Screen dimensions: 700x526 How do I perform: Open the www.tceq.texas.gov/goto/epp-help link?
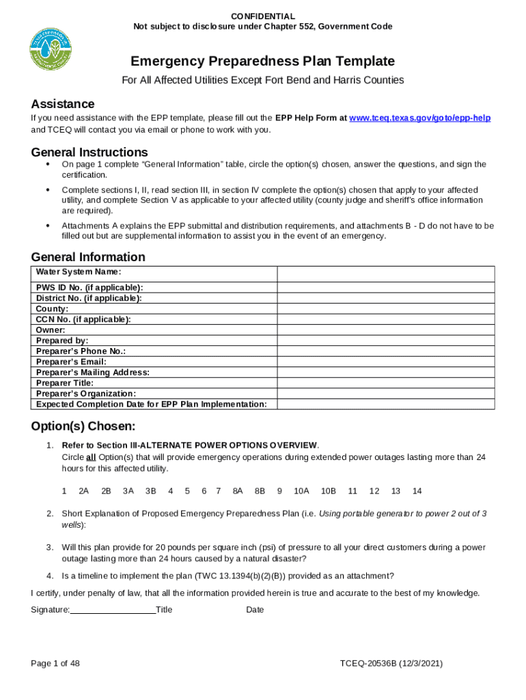pos(419,118)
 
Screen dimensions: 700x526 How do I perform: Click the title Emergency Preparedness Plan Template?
pos(263,61)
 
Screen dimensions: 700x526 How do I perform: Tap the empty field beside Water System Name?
pos(385,273)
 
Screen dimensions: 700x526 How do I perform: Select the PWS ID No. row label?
pos(89,287)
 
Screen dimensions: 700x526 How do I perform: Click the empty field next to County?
pos(385,308)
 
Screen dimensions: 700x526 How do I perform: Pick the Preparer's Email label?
pos(71,362)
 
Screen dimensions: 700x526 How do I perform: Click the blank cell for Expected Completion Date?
pos(385,404)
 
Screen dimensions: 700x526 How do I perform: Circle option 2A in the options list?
pos(84,491)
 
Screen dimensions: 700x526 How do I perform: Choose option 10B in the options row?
pos(329,491)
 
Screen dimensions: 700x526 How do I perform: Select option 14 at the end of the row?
pos(417,491)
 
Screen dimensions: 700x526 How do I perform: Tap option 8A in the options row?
pos(238,491)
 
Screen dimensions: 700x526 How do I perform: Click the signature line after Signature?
pos(113,609)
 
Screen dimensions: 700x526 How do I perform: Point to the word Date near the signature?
pos(255,610)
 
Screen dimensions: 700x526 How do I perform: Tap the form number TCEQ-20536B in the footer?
pos(373,664)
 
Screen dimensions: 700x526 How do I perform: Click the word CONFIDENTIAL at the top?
pos(263,16)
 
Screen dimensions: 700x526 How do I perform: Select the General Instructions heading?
pos(89,152)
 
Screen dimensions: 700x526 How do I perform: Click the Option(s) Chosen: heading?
pos(83,427)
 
